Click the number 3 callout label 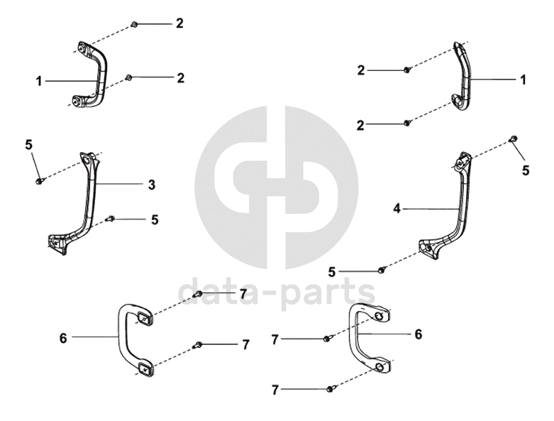click(x=152, y=185)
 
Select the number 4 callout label click(x=397, y=209)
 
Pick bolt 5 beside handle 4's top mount click(x=513, y=139)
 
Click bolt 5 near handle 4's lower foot click(x=382, y=269)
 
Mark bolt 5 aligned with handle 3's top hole click(x=39, y=181)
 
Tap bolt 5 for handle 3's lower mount click(x=110, y=218)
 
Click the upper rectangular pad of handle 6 click(x=144, y=319)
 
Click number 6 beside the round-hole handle click(x=419, y=334)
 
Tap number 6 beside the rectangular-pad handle click(x=63, y=339)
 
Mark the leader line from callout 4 click(x=429, y=209)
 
